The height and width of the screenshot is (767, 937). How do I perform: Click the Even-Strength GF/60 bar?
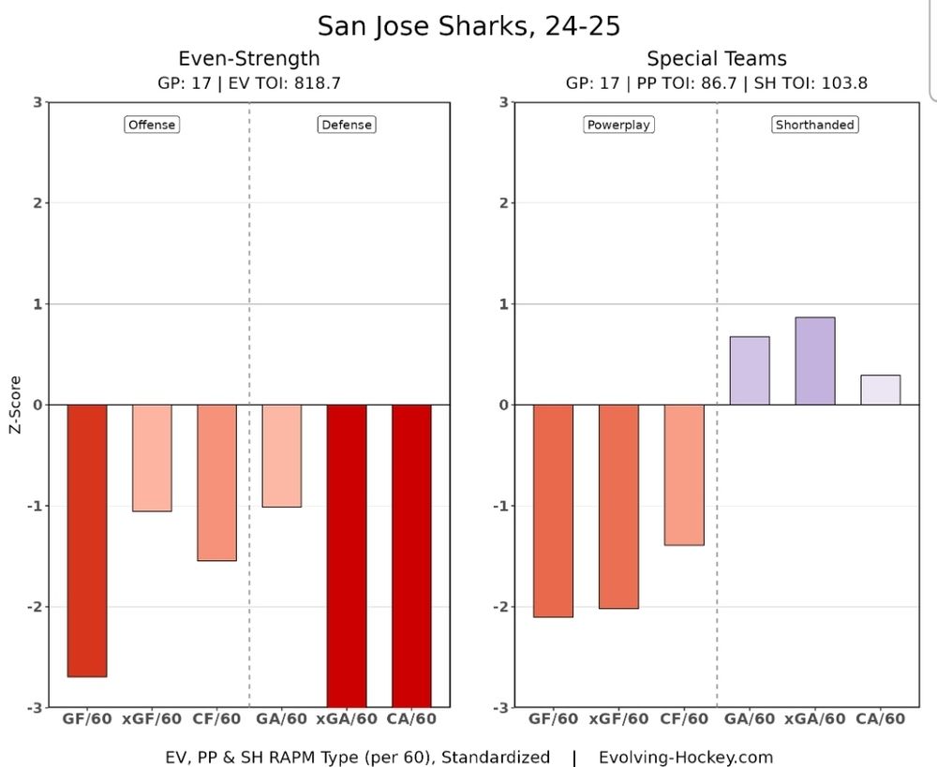pos(87,540)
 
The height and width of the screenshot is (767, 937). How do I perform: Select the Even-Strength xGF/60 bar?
pos(152,458)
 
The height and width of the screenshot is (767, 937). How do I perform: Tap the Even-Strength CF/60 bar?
pos(216,482)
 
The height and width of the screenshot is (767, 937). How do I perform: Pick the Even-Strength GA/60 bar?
pos(281,455)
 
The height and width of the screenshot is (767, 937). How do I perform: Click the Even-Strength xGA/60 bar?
pos(346,555)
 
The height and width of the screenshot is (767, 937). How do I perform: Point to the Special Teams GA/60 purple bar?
pos(750,371)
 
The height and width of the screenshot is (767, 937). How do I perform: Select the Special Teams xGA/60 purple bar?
pos(815,361)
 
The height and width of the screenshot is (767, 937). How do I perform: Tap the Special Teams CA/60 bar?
pos(880,390)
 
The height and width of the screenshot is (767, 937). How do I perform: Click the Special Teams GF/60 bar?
pos(553,510)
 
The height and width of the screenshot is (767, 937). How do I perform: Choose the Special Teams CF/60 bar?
pos(684,475)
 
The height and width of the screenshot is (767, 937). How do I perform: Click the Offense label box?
pos(151,125)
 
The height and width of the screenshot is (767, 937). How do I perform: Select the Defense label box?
pos(346,125)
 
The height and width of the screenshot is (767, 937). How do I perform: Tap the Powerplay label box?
pos(617,125)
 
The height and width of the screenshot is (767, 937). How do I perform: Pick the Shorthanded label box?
pos(815,125)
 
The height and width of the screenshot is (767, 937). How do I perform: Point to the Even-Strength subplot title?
pos(248,59)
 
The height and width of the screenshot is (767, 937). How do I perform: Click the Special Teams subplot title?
pos(717,59)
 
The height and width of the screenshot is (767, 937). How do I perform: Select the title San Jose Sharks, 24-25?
pos(468,25)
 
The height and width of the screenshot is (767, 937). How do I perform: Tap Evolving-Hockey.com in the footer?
pos(686,757)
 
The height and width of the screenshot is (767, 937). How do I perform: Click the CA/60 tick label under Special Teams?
pos(881,719)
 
